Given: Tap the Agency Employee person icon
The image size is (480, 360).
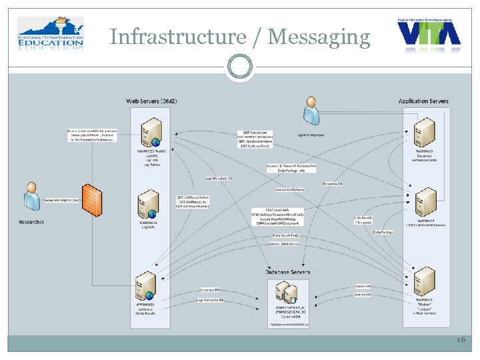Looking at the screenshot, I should coord(311,111).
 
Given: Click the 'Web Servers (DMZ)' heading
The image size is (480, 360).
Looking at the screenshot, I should coord(151,101).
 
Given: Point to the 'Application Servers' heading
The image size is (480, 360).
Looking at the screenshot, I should coord(423,101).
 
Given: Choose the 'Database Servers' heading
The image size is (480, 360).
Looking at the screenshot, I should coord(288,272).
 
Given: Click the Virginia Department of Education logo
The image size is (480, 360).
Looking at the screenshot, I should coord(51,35).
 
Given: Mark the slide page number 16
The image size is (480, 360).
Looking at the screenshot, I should coord(461,340).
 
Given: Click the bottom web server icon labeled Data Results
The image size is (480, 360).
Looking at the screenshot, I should coord(146,285).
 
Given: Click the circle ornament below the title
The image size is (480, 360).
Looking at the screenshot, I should coord(239,66).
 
